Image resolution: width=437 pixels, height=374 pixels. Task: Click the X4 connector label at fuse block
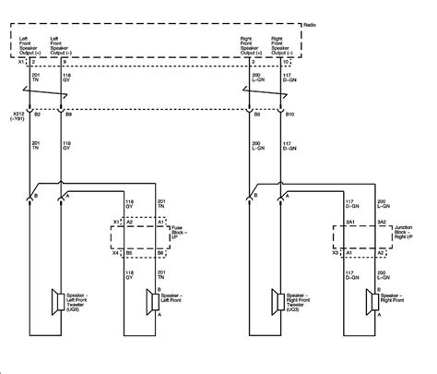pos(116,251)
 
